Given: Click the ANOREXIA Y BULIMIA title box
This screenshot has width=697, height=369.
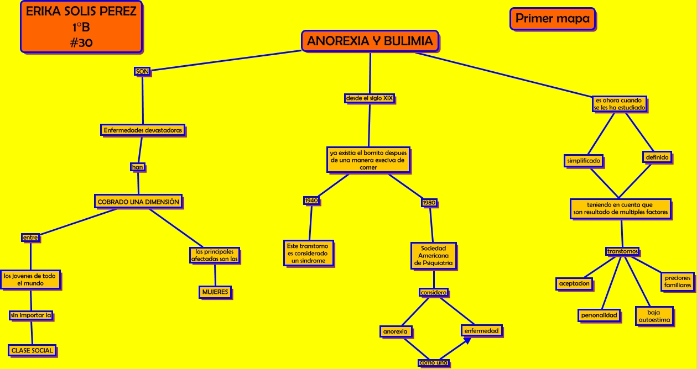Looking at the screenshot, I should tap(370, 41).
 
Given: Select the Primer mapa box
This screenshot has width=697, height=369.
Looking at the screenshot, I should tap(552, 19).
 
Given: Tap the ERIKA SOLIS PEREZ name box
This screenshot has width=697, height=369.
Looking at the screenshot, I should tap(81, 27).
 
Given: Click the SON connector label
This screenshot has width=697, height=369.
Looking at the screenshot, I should tap(142, 71).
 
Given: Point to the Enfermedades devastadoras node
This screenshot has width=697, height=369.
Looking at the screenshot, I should tap(143, 131).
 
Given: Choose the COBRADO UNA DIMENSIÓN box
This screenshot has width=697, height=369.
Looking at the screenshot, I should tap(138, 202).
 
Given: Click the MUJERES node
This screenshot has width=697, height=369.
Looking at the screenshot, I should tap(215, 292).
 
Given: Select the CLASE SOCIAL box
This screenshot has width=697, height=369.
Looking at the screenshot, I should tap(32, 350).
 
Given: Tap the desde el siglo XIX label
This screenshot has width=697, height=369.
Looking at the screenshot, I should tap(370, 98).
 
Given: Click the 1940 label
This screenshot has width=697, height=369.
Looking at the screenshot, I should tap(311, 201).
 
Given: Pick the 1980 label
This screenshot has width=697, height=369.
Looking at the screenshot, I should tap(429, 203).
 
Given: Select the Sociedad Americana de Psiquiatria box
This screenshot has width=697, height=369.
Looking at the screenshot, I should tap(433, 256).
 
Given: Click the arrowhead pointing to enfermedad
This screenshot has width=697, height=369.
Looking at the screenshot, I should tap(467, 341).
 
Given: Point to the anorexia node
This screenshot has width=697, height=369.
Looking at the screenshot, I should tap(396, 331).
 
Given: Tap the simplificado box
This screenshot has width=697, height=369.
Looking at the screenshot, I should tap(584, 161).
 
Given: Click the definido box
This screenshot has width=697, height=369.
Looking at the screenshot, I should tap(657, 157).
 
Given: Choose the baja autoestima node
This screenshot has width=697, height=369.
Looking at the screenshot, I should tap(654, 316).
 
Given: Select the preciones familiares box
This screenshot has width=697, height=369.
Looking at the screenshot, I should tap(678, 282).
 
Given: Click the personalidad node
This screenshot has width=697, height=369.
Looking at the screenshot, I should tap(599, 315).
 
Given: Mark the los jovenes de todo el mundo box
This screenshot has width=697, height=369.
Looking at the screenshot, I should tap(30, 280).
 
